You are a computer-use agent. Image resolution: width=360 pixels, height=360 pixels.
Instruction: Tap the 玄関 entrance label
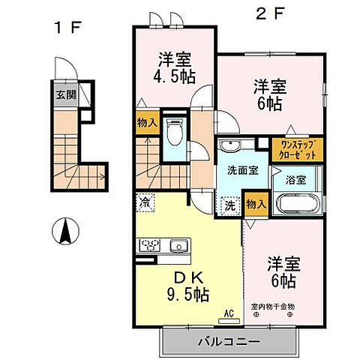tap(64, 95)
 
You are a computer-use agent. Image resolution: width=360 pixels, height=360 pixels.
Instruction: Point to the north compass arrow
tap(67, 230)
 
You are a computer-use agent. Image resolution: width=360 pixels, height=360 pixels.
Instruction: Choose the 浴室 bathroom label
tap(295, 180)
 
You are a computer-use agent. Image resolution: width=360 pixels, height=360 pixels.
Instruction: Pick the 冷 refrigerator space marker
tap(143, 202)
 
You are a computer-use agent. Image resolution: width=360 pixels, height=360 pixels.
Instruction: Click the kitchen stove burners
tap(148, 246)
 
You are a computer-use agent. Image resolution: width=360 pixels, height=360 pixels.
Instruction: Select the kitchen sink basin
tap(179, 246)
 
